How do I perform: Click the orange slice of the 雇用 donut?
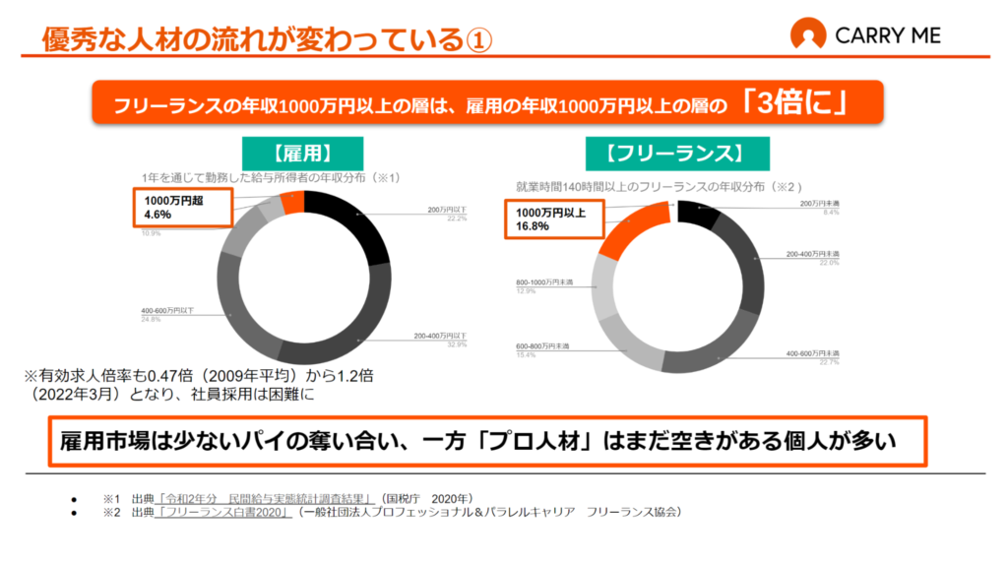pos(292,203)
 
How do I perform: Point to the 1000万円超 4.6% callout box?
pos(183,208)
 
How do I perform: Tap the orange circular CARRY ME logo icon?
pos(808,35)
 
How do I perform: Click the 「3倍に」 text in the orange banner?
pos(798,103)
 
